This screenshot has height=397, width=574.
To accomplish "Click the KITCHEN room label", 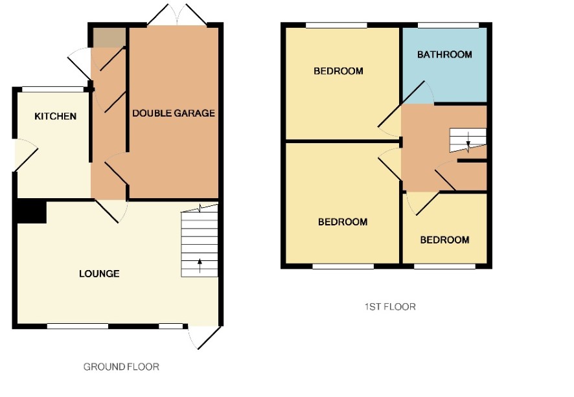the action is click(x=55, y=117).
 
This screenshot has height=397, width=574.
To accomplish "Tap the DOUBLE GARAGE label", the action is click(x=174, y=113).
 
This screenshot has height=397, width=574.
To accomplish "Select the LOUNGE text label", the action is click(x=99, y=274).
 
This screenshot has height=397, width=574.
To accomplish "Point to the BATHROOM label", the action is click(x=444, y=54).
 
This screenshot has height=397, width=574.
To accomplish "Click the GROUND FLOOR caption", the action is click(x=121, y=367).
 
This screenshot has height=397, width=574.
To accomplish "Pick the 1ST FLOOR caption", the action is click(x=390, y=306).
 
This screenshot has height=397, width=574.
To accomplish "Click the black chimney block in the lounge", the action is click(x=32, y=211).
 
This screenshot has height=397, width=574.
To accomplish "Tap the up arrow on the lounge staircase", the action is click(x=200, y=266).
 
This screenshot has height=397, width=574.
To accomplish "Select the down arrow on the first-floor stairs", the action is click(x=468, y=143).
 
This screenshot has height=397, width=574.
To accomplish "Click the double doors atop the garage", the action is click(x=177, y=15).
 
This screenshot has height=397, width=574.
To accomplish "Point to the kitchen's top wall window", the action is click(x=53, y=89).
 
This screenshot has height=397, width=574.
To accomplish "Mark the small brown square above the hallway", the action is click(x=109, y=38).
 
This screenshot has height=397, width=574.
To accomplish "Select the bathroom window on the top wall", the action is click(x=448, y=25).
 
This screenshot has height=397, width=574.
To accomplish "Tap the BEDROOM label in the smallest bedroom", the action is click(x=444, y=240).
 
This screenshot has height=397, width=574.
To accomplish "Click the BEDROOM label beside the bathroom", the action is click(x=338, y=71).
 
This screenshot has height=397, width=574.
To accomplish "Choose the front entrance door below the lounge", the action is click(x=204, y=337).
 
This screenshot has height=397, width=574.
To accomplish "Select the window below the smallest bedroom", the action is click(x=445, y=266).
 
